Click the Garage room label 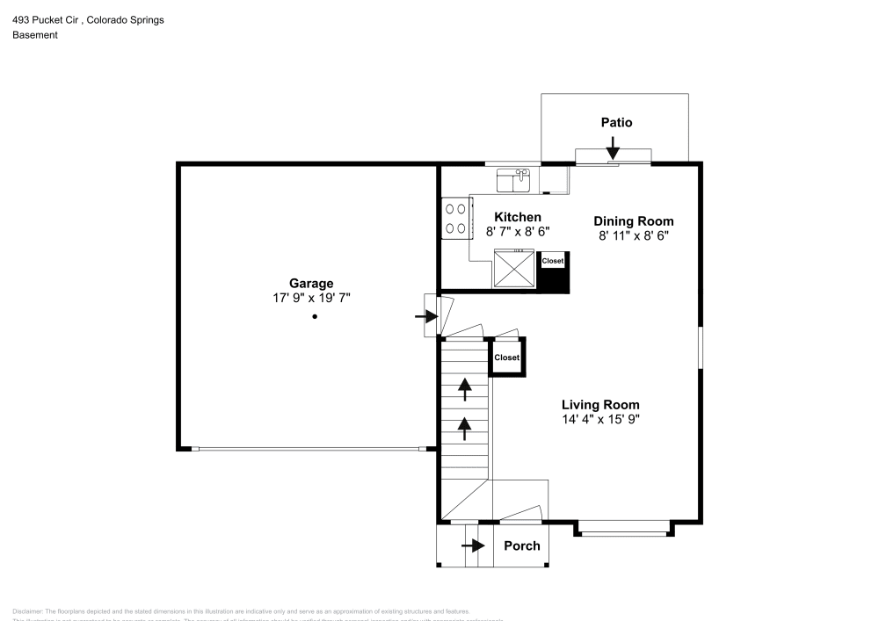click(x=311, y=283)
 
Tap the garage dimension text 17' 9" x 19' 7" click(x=311, y=298)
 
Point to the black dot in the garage click(x=314, y=317)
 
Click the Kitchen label click(x=518, y=217)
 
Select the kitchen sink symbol click(x=513, y=180)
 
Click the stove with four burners click(x=455, y=219)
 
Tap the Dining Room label click(x=633, y=221)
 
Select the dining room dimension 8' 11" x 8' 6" click(x=633, y=235)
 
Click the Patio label click(x=616, y=122)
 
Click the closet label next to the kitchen click(x=553, y=261)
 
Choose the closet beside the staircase click(x=506, y=357)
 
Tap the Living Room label click(x=600, y=405)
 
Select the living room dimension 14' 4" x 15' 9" click(x=600, y=420)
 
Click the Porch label click(x=521, y=545)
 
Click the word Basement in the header click(x=35, y=35)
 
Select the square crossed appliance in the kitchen click(x=513, y=268)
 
